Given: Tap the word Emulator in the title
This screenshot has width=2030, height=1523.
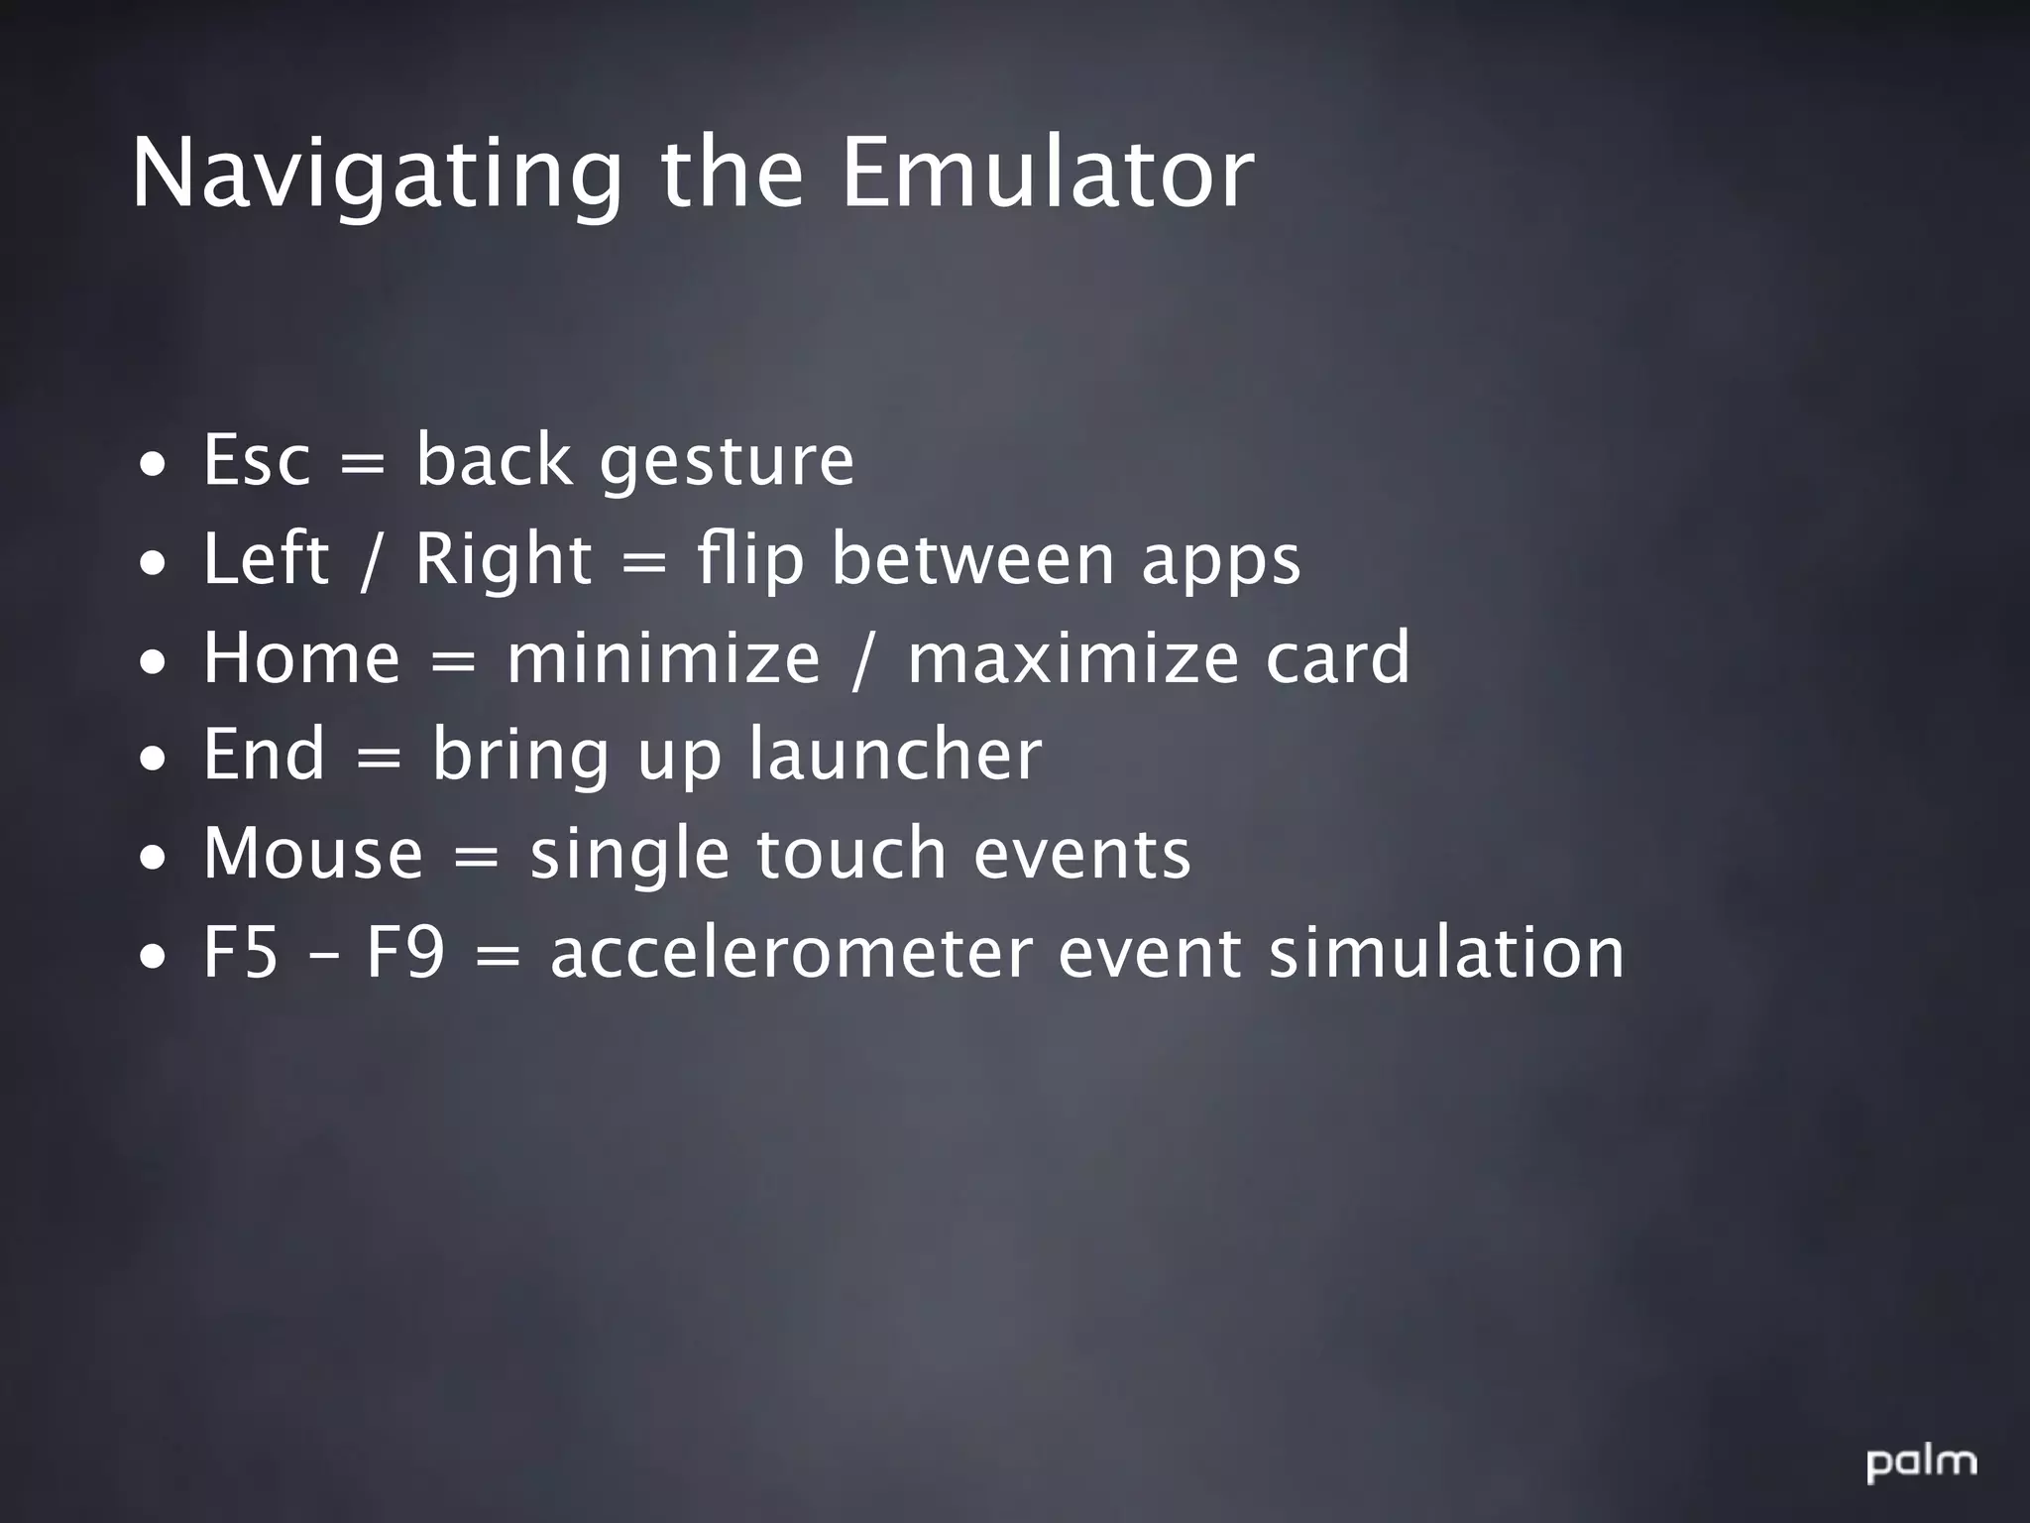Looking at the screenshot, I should click(1048, 175).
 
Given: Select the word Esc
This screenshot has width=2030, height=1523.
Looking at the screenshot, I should click(257, 460).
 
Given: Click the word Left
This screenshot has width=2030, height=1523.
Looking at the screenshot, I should click(265, 558).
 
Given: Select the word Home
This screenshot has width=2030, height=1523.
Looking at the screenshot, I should click(301, 657).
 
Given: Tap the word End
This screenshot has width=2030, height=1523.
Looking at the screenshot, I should click(264, 754).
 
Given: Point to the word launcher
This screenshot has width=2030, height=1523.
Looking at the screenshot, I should click(894, 754).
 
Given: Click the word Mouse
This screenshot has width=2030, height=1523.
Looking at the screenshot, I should click(313, 853).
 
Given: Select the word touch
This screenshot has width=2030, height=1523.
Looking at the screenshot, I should click(851, 853).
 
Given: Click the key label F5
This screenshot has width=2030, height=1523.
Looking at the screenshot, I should click(240, 952).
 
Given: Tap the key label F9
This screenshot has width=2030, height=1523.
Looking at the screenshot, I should click(404, 952).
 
